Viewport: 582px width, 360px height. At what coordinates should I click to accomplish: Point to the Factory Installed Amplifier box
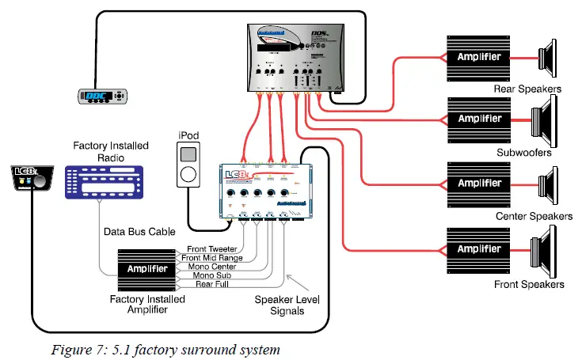point(147,269)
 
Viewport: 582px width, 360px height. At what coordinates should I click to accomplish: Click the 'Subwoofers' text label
point(523,153)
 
